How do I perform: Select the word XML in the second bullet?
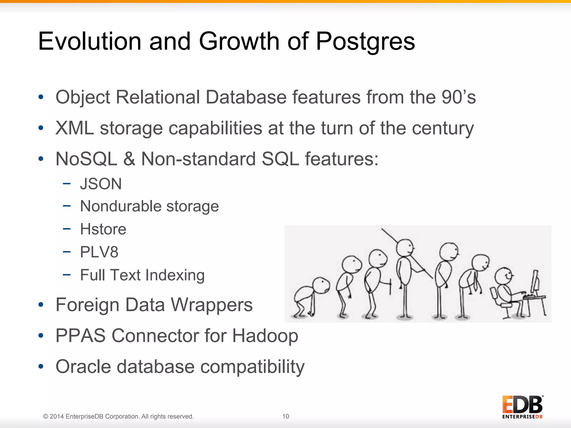click(x=74, y=128)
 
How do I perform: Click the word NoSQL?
click(x=86, y=159)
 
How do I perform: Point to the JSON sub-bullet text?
click(x=101, y=184)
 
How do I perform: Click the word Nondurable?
click(x=121, y=206)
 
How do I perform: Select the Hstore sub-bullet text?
click(x=103, y=229)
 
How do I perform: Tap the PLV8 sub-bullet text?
click(x=99, y=252)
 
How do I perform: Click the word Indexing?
click(x=175, y=275)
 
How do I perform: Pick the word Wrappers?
click(x=212, y=305)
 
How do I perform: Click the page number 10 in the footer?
click(x=285, y=416)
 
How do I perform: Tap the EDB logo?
click(x=522, y=407)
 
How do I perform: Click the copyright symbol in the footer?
click(x=46, y=417)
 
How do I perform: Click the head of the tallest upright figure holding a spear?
click(x=405, y=247)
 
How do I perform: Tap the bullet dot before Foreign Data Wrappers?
click(x=41, y=305)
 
